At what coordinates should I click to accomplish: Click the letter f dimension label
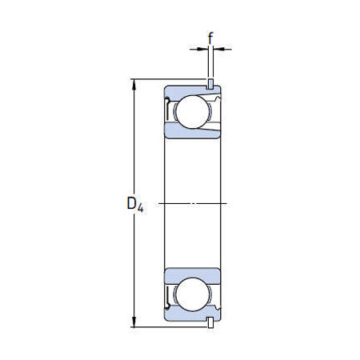210,36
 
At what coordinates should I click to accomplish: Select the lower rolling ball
192,294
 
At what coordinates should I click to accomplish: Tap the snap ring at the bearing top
210,84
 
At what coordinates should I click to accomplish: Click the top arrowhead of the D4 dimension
134,83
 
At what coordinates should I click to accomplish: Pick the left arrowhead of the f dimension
202,50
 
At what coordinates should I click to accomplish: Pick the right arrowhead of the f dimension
218,50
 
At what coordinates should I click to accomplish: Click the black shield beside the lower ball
167,294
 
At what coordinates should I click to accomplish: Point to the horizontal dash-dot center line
192,203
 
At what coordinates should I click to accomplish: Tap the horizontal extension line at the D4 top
148,79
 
